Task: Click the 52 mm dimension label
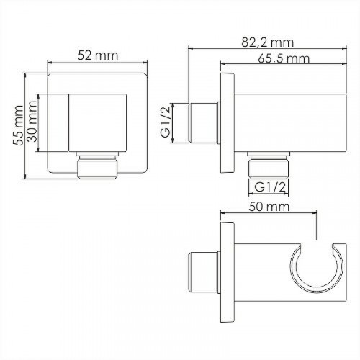point(98,55)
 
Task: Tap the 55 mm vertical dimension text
point(18,125)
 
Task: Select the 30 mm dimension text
point(32,122)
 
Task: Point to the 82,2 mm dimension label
point(268,42)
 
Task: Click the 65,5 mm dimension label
point(284,58)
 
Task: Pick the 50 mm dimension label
point(269,207)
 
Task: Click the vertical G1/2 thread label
point(166,122)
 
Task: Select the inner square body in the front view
point(98,123)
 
